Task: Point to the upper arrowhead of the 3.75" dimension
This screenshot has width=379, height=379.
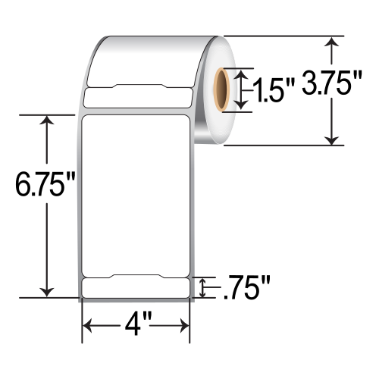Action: click(x=330, y=42)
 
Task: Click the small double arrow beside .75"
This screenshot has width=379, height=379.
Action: click(x=202, y=288)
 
